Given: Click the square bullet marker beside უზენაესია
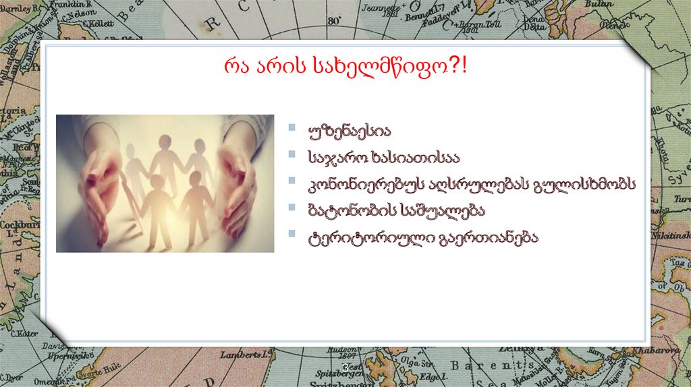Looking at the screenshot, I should [291, 127].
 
